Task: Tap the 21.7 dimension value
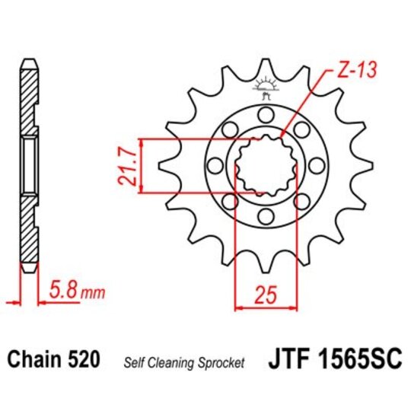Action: (x=129, y=166)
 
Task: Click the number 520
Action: (x=84, y=360)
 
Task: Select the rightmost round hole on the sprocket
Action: (x=314, y=164)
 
